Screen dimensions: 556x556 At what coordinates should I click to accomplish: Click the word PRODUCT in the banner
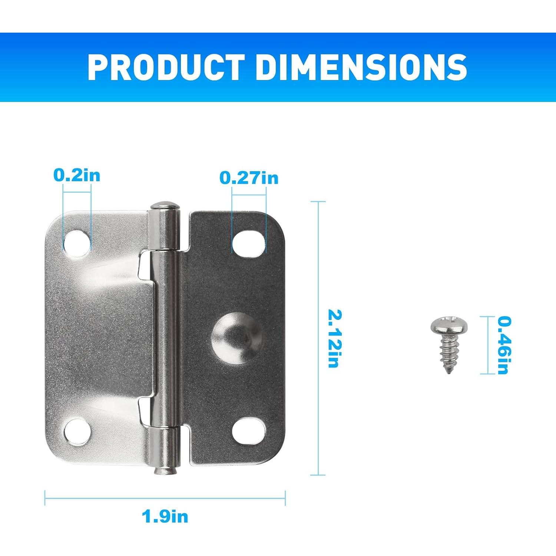[166, 67]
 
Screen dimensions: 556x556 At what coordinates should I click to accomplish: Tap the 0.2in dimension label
[77, 175]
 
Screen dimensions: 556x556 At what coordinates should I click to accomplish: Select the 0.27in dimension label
[249, 178]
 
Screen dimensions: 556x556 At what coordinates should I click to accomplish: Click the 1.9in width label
[165, 516]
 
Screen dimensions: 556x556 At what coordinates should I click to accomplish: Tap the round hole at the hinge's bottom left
[77, 431]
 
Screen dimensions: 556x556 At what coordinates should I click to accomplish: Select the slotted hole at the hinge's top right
[249, 243]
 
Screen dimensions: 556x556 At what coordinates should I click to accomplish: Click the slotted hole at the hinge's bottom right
[249, 431]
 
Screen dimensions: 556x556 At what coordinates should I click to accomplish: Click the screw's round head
[449, 326]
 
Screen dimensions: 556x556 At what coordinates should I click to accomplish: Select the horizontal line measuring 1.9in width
[165, 498]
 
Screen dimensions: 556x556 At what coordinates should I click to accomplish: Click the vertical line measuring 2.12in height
[318, 338]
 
